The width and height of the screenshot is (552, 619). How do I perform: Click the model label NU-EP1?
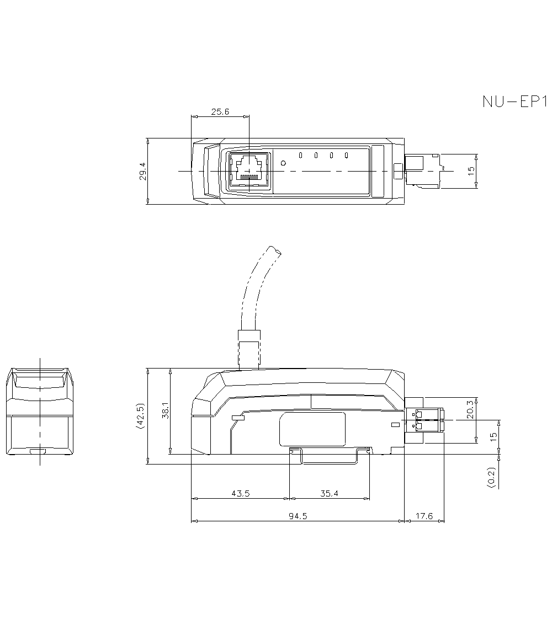click(x=514, y=102)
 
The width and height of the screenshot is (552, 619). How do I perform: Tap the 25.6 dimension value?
click(x=220, y=112)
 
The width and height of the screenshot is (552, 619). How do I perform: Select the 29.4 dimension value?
click(x=142, y=172)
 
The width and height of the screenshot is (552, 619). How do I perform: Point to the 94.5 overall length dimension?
click(x=298, y=516)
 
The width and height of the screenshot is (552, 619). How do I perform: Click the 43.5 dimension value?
click(x=241, y=493)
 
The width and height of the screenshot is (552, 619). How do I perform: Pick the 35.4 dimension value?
click(x=330, y=493)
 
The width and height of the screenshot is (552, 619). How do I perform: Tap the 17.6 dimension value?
click(x=424, y=516)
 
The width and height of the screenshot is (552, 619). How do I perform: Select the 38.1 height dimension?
click(x=166, y=410)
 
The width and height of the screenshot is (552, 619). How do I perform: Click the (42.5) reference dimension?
click(x=140, y=415)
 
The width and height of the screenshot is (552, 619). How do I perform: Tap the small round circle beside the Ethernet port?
click(x=283, y=163)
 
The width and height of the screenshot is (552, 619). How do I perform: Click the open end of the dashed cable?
click(x=275, y=250)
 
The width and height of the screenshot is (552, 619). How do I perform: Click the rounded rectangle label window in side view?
click(x=312, y=429)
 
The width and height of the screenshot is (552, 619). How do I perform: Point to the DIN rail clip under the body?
click(x=330, y=456)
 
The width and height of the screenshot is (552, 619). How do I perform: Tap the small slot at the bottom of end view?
click(x=38, y=451)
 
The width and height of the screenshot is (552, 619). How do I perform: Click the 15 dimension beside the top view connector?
click(x=471, y=171)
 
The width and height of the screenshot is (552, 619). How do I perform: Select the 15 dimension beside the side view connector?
click(x=493, y=437)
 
